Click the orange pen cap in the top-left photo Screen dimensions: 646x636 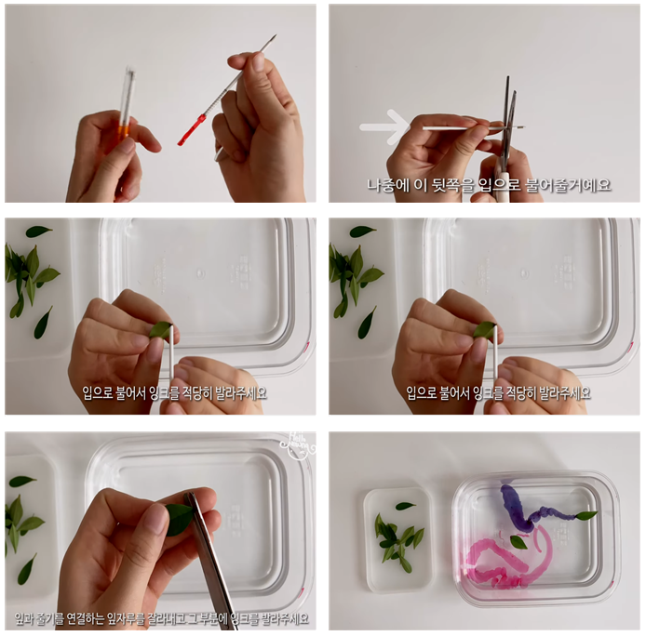(x=124, y=132)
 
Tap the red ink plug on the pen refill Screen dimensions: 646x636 (x=192, y=129)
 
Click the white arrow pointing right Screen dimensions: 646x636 (x=385, y=126)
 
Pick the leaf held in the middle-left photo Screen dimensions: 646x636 (x=161, y=329)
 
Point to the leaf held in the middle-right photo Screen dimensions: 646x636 (x=484, y=329)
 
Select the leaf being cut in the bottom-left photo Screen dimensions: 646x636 (x=179, y=519)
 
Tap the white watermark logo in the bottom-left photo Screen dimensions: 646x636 (x=297, y=444)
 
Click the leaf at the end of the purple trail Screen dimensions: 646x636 (x=586, y=515)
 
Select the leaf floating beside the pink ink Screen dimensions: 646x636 (x=518, y=542)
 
